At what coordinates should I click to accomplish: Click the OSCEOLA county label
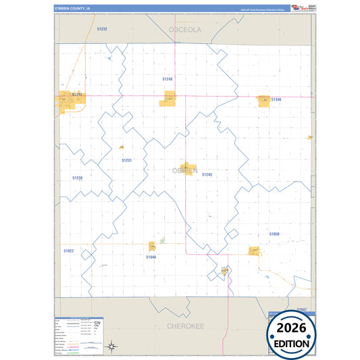(x=184, y=30)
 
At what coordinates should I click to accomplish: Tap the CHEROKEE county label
(x=185, y=326)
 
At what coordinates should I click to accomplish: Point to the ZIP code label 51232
(x=102, y=29)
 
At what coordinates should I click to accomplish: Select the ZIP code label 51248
(x=168, y=79)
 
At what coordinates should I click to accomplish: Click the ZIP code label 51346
(x=276, y=100)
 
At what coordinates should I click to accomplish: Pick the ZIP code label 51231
(x=126, y=160)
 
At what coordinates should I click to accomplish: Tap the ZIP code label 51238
(x=77, y=178)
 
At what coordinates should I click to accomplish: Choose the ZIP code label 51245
(x=207, y=174)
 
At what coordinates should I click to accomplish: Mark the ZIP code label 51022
(x=68, y=251)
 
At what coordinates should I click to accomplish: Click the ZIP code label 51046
(x=151, y=257)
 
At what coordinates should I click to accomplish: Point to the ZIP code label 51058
(x=274, y=234)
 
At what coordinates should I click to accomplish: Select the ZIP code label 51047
(x=301, y=309)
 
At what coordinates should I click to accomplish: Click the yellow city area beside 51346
(x=263, y=100)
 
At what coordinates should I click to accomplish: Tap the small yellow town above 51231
(x=122, y=147)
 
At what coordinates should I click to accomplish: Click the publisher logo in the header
(x=297, y=8)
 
